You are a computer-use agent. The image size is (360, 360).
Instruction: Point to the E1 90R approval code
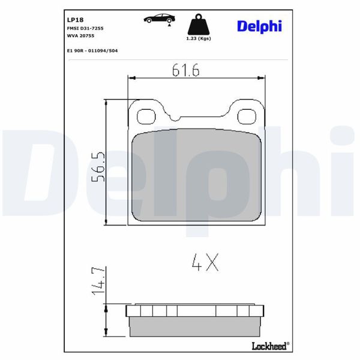(92, 50)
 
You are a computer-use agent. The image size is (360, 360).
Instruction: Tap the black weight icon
(199, 26)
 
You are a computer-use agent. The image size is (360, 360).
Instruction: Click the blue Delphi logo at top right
(259, 26)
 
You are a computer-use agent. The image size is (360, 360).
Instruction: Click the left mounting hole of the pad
(146, 116)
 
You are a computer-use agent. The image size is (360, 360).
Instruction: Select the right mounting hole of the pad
(247, 116)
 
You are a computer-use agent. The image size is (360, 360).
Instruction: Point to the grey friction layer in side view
(196, 326)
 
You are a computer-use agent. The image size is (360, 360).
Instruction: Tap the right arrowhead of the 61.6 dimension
(262, 78)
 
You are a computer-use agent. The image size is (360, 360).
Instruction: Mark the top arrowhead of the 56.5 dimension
(107, 103)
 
